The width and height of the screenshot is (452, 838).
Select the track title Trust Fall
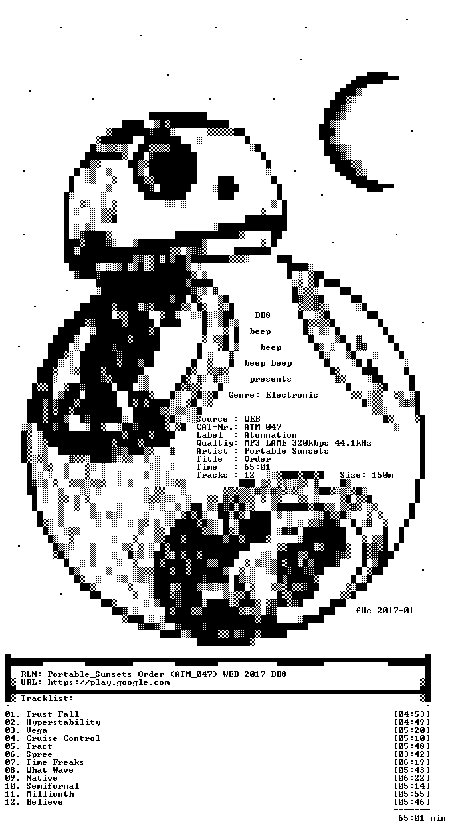click(x=53, y=714)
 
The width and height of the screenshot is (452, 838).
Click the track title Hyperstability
click(x=63, y=722)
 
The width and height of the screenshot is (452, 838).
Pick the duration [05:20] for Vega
click(x=412, y=730)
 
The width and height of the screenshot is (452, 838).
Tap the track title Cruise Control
click(x=63, y=738)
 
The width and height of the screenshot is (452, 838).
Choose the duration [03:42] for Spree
click(x=412, y=754)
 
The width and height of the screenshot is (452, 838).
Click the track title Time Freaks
click(x=55, y=762)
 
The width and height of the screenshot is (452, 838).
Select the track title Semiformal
click(x=53, y=786)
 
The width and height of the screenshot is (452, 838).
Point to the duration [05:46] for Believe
click(x=412, y=802)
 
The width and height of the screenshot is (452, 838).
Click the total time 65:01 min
click(x=422, y=818)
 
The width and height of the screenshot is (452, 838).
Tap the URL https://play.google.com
click(x=109, y=682)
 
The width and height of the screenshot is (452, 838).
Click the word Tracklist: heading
click(x=47, y=698)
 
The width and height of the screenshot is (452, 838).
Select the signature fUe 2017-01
click(x=385, y=611)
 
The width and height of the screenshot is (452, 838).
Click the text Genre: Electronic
click(x=273, y=395)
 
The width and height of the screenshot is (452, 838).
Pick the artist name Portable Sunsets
click(x=286, y=451)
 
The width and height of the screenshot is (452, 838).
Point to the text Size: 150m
click(x=366, y=475)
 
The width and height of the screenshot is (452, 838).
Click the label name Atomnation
click(x=271, y=435)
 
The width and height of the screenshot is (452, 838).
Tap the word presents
click(x=271, y=379)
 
